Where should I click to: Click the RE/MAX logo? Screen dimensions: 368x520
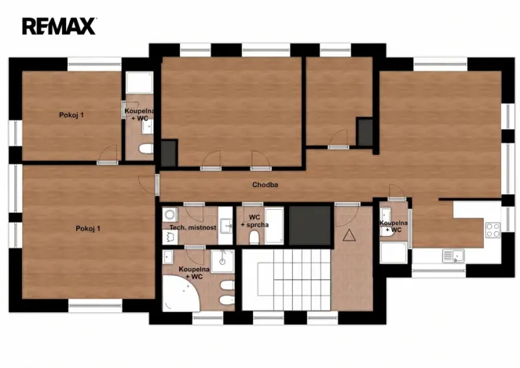click(59, 26)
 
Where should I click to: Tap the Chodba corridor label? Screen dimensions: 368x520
click(265, 186)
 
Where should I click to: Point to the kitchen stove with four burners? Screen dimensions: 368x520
click(493, 230)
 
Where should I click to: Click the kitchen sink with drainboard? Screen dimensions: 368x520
click(452, 255)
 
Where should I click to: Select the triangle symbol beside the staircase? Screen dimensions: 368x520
click(349, 234)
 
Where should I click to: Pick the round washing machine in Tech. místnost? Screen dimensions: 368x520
click(170, 214)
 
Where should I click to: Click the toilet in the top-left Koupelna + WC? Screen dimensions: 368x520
click(145, 148)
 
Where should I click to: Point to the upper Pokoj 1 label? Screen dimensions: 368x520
click(71, 115)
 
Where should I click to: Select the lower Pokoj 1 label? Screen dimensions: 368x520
click(88, 228)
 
